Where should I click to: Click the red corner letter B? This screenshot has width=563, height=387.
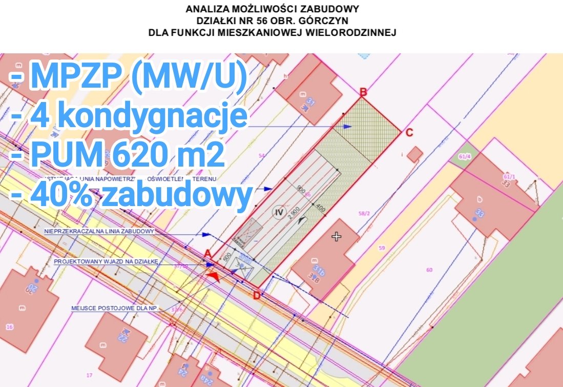click(x=363, y=92)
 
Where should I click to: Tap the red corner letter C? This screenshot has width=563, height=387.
click(x=409, y=133)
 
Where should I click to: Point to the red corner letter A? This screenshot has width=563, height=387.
click(x=207, y=253)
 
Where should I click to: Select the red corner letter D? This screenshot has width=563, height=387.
click(x=257, y=295)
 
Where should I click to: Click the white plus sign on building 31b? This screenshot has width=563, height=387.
click(x=336, y=237)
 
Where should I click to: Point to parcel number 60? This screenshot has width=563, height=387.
click(x=429, y=270)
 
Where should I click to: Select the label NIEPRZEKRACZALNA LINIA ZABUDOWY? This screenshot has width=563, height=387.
click(x=99, y=231)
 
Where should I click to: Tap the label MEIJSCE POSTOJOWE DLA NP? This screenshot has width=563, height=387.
click(x=115, y=309)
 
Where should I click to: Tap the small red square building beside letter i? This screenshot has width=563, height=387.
click(x=415, y=154)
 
